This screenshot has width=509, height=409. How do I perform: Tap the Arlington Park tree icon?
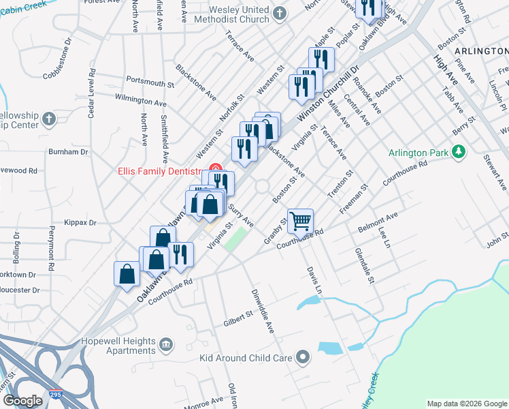pos(460,151)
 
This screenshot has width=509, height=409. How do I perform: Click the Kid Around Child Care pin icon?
pos(303,357)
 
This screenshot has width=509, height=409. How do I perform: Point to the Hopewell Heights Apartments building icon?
pos(167,345)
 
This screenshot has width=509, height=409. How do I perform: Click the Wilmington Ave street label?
pos(141,102)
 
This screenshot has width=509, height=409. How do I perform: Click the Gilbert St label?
pos(239,314)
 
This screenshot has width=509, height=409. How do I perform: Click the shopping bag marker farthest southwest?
pos(127,274)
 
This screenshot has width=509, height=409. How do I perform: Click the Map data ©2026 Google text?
pos(466,404)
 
